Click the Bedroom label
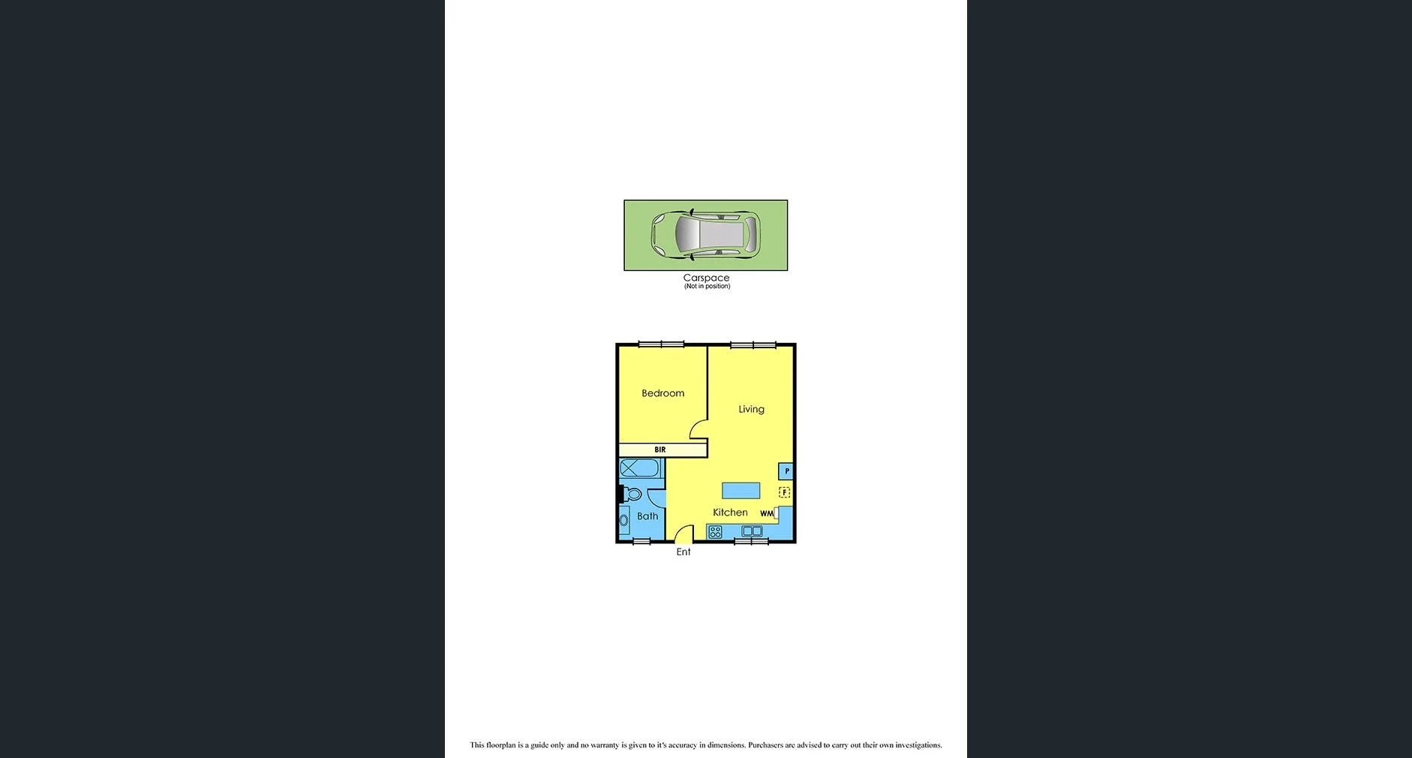coord(662,393)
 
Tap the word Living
coord(751,409)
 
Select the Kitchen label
coord(730,513)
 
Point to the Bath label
coord(647,516)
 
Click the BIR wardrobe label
coord(660,450)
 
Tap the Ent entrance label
coord(683,552)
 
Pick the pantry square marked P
coord(786,471)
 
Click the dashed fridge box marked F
coord(784,492)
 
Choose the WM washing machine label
coord(766,514)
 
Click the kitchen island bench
coord(741,491)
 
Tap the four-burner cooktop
coord(715,532)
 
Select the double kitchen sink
coord(752,531)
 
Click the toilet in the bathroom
coord(632,495)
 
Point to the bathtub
coord(639,468)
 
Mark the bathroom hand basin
coord(624,520)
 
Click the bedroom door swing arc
coord(698,429)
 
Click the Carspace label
coord(706,278)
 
